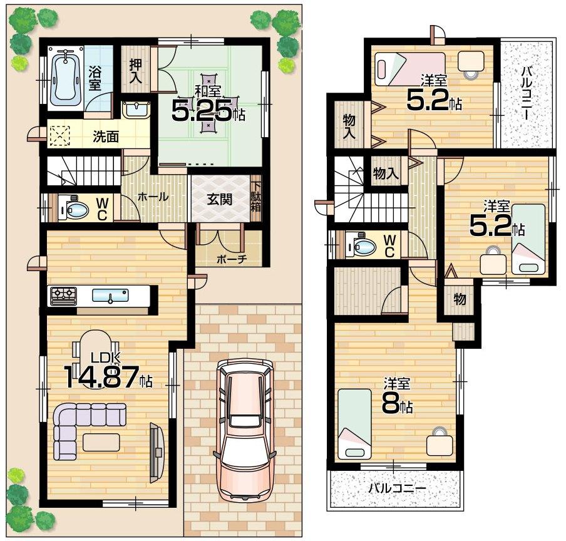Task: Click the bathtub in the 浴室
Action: tap(65, 78)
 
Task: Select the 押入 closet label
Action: tap(136, 72)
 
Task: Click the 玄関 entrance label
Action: tap(220, 199)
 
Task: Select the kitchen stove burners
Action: tap(63, 294)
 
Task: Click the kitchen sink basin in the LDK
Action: tap(110, 296)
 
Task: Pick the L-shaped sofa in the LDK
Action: tap(81, 426)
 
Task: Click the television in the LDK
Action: tap(156, 452)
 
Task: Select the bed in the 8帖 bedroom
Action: tap(354, 423)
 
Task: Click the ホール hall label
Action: tap(153, 197)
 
